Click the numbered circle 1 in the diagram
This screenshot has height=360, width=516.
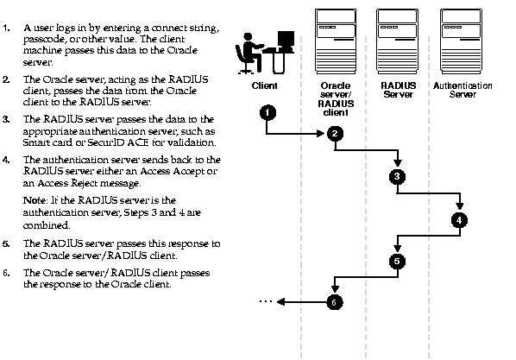[x=267, y=113]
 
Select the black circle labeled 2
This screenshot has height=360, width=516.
[x=335, y=134]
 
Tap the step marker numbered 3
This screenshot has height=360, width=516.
[x=397, y=176]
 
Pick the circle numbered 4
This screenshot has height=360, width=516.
[x=459, y=220]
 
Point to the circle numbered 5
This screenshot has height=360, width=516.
[x=397, y=262]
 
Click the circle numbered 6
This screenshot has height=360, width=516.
[x=335, y=302]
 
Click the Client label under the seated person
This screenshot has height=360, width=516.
[x=265, y=85]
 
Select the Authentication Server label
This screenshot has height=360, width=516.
[x=463, y=90]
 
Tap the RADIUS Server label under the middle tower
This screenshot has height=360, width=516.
[x=398, y=90]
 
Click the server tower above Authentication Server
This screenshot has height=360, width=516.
[x=461, y=41]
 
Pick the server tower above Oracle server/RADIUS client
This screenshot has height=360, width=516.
[x=336, y=41]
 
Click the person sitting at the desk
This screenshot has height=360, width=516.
[x=249, y=53]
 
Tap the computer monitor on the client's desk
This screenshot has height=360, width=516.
[x=286, y=40]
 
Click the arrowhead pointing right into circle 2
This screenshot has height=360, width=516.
[x=321, y=134]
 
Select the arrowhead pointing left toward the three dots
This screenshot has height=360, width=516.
[x=280, y=301]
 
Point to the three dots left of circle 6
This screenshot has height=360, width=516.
[x=265, y=301]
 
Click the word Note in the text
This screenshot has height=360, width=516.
[x=35, y=200]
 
